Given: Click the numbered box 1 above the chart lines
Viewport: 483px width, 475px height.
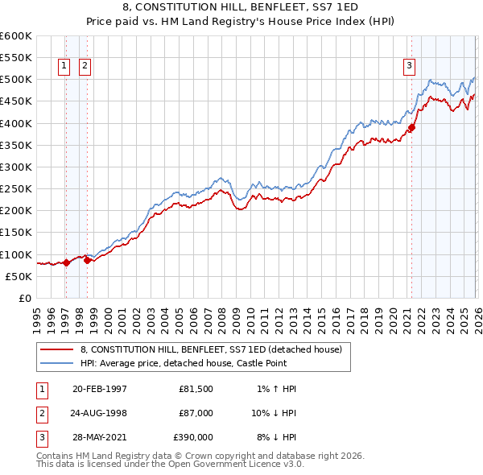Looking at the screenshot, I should tap(64, 67).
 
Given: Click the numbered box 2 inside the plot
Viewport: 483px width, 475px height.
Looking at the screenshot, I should tap(85, 67).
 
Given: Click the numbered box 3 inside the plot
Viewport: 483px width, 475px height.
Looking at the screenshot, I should tap(409, 67).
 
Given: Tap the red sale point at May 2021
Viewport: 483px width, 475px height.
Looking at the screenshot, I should tap(411, 127).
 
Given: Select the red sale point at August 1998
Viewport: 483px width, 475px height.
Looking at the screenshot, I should tap(87, 260).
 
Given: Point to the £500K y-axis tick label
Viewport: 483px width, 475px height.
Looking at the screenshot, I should tap(15, 80).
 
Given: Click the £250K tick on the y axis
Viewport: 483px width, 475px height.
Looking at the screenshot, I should tap(15, 188).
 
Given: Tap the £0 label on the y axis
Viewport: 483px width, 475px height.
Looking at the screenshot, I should tap(24, 298).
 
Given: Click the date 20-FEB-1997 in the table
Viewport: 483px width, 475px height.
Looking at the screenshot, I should tap(99, 389).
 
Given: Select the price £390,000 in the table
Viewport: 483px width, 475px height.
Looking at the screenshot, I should tap(193, 437).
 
